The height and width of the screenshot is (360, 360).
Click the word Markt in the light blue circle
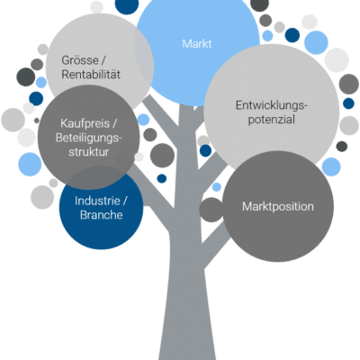[x=197, y=44]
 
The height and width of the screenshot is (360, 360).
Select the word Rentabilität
[x=91, y=75]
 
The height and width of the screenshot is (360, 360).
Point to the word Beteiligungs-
[x=89, y=138]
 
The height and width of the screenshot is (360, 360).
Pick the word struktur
[x=89, y=152]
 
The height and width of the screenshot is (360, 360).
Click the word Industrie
[x=97, y=201]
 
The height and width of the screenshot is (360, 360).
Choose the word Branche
[x=102, y=215]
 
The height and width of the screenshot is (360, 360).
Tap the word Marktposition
[x=278, y=207]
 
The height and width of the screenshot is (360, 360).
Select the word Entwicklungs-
[x=272, y=105]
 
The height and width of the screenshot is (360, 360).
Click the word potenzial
[x=272, y=120]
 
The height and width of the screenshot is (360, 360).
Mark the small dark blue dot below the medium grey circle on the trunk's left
[x=162, y=178]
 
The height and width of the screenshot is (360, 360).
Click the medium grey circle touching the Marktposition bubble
[x=211, y=210]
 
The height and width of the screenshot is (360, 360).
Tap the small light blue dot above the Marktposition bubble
[x=217, y=187]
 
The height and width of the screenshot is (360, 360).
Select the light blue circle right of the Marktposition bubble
[x=331, y=166]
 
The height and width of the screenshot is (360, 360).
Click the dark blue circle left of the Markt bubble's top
[x=127, y=5]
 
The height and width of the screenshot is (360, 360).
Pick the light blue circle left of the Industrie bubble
[x=30, y=164]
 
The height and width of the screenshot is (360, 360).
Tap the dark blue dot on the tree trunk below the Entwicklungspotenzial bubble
[x=205, y=150]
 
